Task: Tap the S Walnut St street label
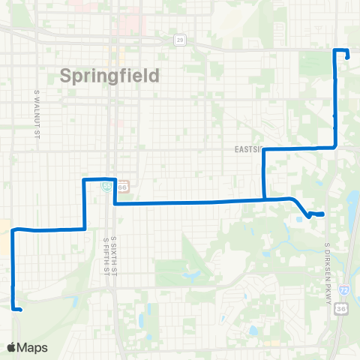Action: pyautogui.click(x=36, y=114)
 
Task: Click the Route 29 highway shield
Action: pyautogui.click(x=180, y=40)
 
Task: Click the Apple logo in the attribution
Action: pyautogui.click(x=11, y=347)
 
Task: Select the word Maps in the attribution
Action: pyautogui.click(x=34, y=347)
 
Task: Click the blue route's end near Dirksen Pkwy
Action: pyautogui.click(x=322, y=214)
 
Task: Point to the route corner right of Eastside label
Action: pyautogui.click(x=334, y=148)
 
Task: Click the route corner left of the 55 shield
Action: pyautogui.click(x=84, y=180)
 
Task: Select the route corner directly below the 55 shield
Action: pyautogui.click(x=114, y=202)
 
